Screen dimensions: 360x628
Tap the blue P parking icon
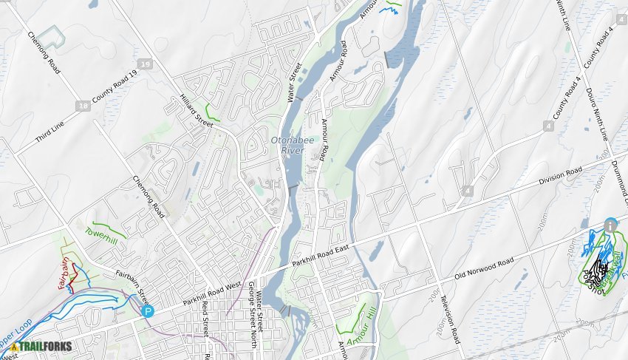148,312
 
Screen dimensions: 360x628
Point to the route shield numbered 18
83,106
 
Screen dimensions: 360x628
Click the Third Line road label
50,132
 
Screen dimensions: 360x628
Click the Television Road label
451,316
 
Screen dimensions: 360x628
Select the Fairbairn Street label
132,287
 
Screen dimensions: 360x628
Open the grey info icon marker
610,224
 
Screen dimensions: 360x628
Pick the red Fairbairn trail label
64,273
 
